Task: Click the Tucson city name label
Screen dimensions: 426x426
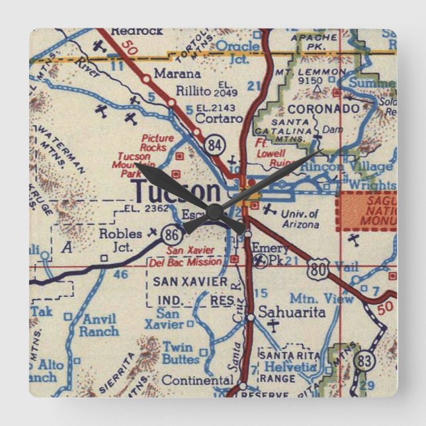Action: (x=177, y=192)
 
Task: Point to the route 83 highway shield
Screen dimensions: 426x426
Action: (x=363, y=361)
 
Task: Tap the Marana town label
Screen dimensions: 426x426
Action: (x=177, y=73)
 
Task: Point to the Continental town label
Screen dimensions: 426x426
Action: (x=197, y=380)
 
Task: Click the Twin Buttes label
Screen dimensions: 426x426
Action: (x=181, y=353)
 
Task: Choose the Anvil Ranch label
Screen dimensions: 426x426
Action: (x=99, y=325)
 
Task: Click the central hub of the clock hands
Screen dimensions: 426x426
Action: (x=213, y=211)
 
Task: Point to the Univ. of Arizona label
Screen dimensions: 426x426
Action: (x=300, y=219)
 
